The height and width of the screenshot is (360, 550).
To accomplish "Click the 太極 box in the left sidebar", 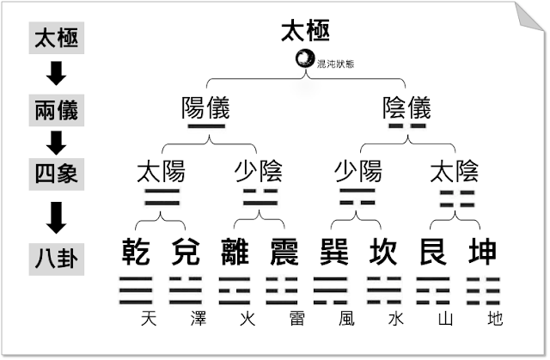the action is pos(58,38).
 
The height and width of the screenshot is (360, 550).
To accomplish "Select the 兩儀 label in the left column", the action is pos(58,110).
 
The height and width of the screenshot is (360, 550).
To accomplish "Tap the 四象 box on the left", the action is pos(58,174).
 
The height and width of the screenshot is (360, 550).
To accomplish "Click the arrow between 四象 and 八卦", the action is pos(58,217).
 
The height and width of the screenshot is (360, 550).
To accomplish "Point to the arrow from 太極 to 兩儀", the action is pos(58,74).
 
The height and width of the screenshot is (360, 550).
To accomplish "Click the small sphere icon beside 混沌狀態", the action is pos(304,59).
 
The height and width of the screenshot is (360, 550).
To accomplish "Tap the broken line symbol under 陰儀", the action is pos(406,128).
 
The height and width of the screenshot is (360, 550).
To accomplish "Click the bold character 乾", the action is pos(134,253).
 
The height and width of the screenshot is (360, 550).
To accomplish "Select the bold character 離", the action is pos(234,253).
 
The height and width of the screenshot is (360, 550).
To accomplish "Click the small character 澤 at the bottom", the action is pos(198,320).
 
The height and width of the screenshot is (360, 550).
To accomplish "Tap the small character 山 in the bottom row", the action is pos(444,320).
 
